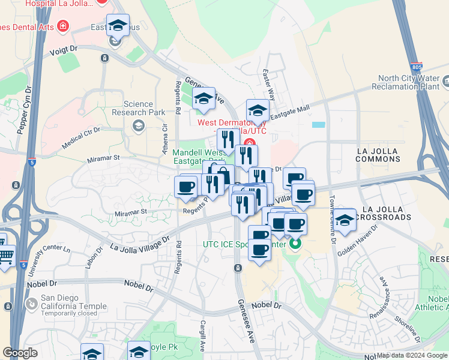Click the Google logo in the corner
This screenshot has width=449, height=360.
point(20,353)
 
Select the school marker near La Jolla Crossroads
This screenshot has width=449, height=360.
point(345,221)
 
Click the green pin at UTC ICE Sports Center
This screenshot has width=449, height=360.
point(295,245)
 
